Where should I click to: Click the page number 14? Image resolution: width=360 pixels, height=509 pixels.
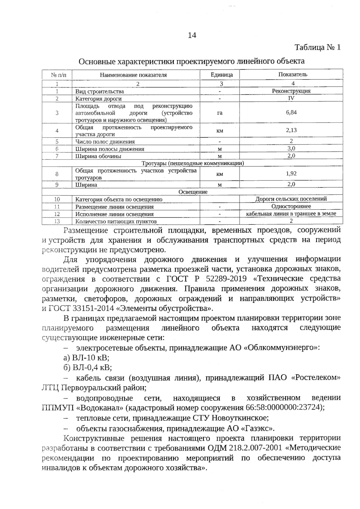tap(192, 35)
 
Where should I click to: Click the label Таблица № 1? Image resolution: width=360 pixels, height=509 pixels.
tap(318, 48)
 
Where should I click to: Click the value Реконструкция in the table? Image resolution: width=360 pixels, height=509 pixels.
tap(291, 91)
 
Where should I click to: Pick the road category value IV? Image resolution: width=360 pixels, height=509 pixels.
tap(291, 98)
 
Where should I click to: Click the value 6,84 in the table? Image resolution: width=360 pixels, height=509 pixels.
tap(291, 112)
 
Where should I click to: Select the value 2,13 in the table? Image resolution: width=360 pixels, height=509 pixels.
tap(291, 130)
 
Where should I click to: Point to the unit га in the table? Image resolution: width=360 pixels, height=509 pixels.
tap(220, 113)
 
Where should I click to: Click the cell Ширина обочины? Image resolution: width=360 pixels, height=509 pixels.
tap(98, 156)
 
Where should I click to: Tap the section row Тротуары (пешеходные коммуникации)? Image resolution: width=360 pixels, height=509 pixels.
tap(193, 163)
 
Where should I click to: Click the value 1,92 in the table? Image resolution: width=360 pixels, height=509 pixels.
tap(291, 174)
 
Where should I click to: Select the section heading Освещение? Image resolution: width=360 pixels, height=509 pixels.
tap(193, 192)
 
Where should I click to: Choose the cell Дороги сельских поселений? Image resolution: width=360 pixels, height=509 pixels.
tap(291, 199)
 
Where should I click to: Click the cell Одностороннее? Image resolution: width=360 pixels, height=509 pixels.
tap(291, 206)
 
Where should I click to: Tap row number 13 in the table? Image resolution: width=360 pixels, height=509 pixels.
tap(57, 222)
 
